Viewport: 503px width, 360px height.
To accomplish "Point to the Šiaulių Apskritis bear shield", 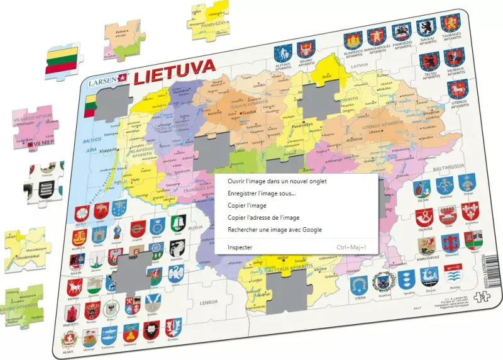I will click(425, 27).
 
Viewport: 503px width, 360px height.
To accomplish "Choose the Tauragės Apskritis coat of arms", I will click(451, 25).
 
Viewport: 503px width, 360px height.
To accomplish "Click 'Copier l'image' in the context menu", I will click(247, 205).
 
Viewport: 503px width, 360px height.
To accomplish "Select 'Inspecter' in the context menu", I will click(240, 247).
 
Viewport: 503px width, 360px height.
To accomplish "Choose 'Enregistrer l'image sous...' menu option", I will click(262, 193).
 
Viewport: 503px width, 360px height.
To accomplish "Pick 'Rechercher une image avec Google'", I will click(275, 230).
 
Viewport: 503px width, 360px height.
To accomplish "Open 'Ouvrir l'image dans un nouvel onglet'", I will click(277, 181).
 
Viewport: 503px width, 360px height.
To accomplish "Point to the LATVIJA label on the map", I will click(359, 65).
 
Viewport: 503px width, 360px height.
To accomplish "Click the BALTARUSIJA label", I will click(446, 169).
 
